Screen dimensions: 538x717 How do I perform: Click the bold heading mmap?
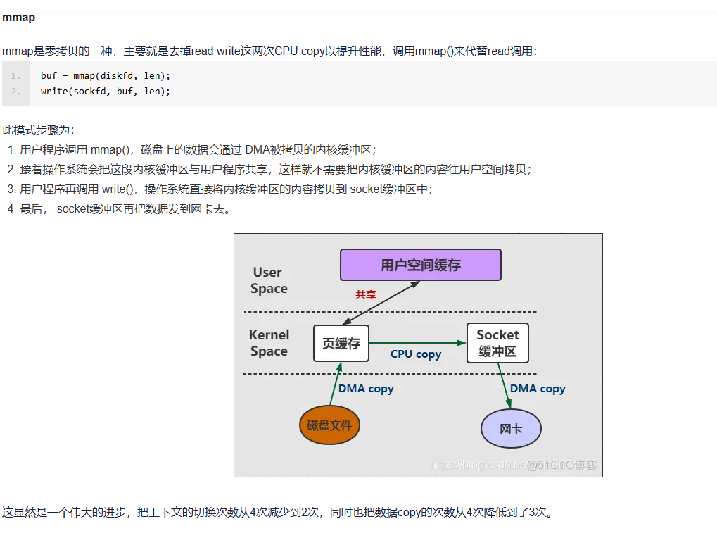click(18, 18)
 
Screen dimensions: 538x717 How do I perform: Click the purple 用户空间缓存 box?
click(420, 265)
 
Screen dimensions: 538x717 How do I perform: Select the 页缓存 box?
click(341, 344)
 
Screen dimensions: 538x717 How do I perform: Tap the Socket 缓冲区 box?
click(497, 343)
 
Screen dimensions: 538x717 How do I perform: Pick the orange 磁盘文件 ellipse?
click(329, 425)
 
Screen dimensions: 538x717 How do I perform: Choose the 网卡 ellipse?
click(511, 428)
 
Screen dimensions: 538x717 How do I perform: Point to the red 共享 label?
click(366, 295)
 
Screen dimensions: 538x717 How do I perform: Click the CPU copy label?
click(416, 354)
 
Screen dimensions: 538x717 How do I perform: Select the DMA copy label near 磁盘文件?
click(366, 389)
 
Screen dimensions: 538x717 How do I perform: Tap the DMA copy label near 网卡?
click(538, 389)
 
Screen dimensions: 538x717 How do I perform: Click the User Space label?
click(269, 280)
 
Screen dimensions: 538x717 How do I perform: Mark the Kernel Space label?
click(269, 343)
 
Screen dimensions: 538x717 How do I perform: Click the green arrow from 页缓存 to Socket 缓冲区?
click(418, 343)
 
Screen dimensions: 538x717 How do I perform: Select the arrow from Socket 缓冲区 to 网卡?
click(504, 386)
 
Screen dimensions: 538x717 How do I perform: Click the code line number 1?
click(15, 75)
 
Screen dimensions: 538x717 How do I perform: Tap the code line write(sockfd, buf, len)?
click(106, 92)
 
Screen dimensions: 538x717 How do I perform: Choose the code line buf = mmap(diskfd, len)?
click(106, 75)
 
